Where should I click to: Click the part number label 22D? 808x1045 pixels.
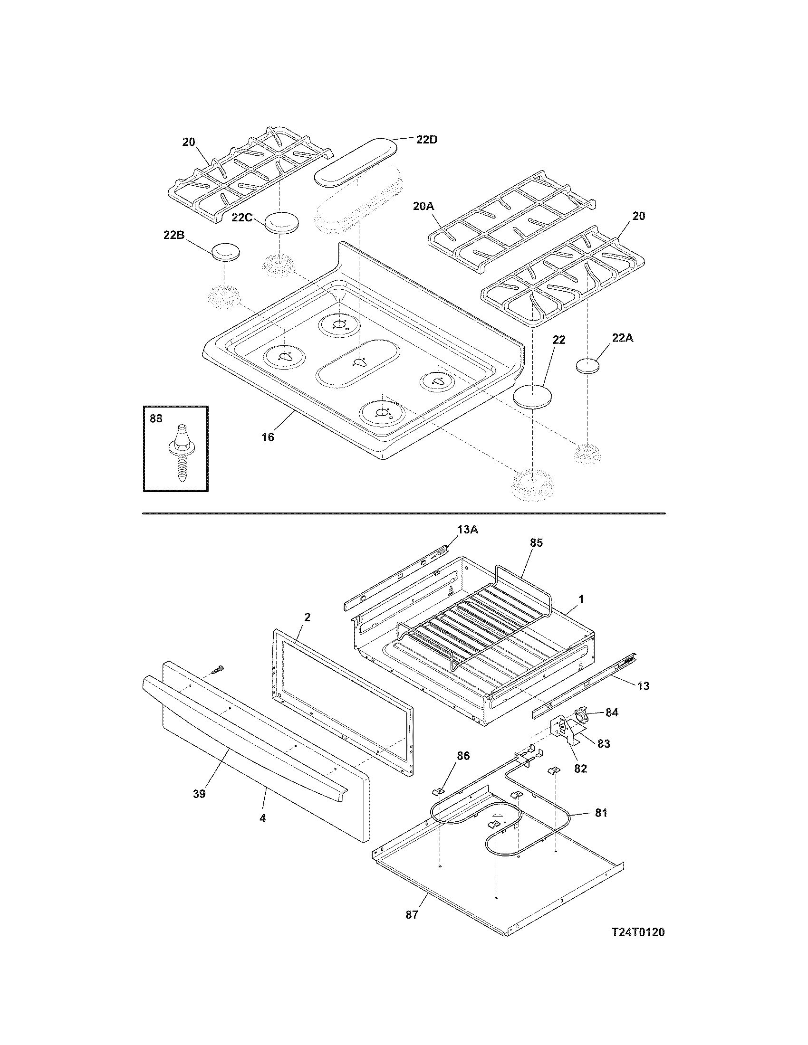point(426,140)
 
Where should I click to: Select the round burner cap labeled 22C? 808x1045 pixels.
point(281,223)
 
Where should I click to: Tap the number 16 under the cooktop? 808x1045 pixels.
point(268,437)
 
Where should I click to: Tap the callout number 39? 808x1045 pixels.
point(199,794)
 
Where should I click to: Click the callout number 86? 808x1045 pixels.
point(463,756)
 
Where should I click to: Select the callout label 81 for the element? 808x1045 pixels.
point(601,812)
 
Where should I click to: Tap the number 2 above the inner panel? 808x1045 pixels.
point(307,617)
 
